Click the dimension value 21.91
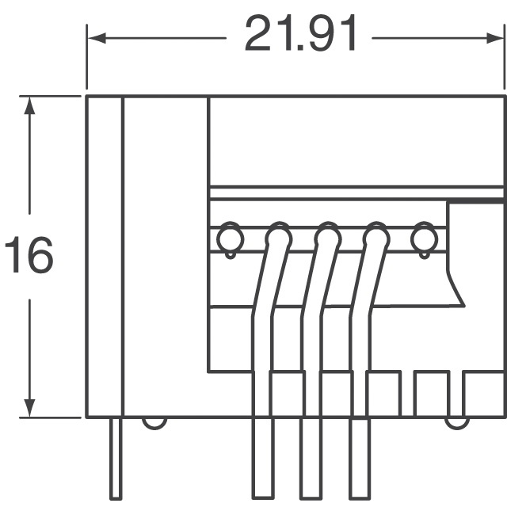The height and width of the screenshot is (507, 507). click(301, 35)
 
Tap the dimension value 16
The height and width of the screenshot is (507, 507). click(29, 255)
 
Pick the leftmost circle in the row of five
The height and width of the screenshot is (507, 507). click(229, 237)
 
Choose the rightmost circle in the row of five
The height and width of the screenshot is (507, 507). click(424, 237)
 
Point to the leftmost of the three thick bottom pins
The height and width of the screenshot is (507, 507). click(262, 459)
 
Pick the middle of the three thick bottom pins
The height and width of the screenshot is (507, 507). click(311, 459)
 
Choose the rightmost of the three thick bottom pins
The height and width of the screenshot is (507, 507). click(360, 459)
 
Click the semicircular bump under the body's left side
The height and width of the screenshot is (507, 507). click(155, 422)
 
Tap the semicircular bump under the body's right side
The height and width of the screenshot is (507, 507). click(456, 422)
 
